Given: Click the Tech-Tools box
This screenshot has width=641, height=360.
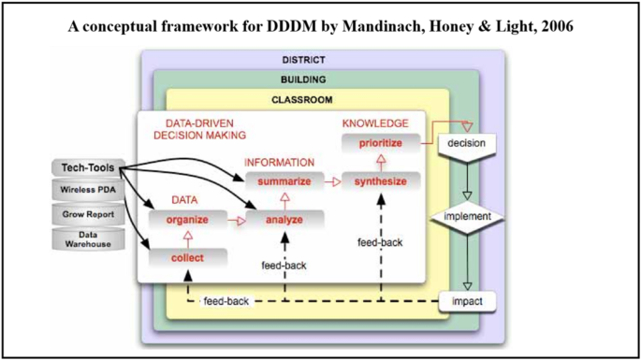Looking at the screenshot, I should pyautogui.click(x=88, y=168).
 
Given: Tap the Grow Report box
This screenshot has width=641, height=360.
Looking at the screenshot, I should pyautogui.click(x=88, y=215).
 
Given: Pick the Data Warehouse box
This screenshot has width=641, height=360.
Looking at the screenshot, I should pyautogui.click(x=88, y=239).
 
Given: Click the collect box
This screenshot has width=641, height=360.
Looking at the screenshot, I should pyautogui.click(x=187, y=256).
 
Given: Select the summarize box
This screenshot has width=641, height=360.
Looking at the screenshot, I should pyautogui.click(x=284, y=181).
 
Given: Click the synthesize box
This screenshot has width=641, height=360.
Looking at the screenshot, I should pyautogui.click(x=380, y=181).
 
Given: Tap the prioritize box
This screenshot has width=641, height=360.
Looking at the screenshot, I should pyautogui.click(x=380, y=143).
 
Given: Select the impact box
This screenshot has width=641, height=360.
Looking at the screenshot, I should pyautogui.click(x=465, y=303).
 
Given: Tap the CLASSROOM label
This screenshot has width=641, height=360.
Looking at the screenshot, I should pyautogui.click(x=302, y=99).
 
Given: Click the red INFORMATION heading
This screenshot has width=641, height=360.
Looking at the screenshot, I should pyautogui.click(x=279, y=162).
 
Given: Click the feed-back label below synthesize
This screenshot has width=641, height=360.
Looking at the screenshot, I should pyautogui.click(x=380, y=242).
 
